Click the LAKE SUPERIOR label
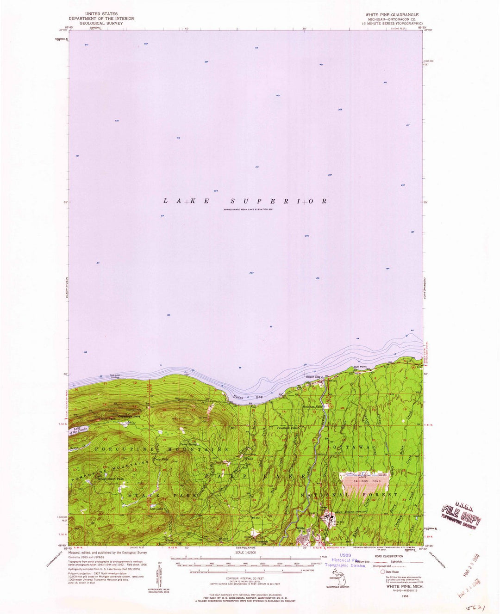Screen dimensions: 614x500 click(245, 201)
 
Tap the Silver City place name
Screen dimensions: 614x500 click(313, 377)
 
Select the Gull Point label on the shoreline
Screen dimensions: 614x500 click(360, 367)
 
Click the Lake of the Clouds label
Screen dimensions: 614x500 click(77, 430)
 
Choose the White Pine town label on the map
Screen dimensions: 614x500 click(301, 530)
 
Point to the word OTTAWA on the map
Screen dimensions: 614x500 click(350, 448)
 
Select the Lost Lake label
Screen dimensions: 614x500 click(155, 510)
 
